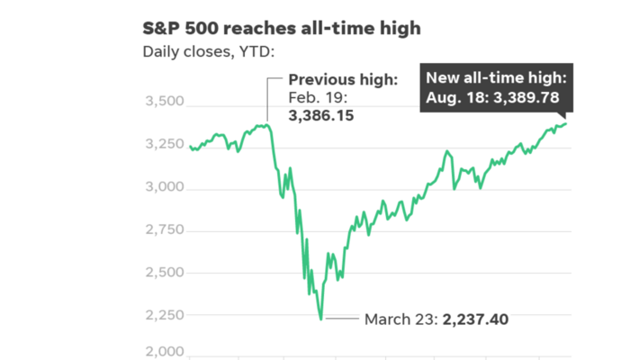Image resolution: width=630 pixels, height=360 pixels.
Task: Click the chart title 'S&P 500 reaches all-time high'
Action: [x=282, y=29]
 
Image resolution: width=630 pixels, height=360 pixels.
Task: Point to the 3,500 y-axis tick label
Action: [x=164, y=103]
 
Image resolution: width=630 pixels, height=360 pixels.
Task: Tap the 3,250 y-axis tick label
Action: [x=164, y=146]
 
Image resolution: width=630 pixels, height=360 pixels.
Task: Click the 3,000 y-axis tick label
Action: [x=164, y=188]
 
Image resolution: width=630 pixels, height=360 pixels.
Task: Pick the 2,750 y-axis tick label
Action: [x=164, y=230]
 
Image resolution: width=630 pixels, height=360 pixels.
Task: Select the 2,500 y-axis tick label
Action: [x=164, y=273]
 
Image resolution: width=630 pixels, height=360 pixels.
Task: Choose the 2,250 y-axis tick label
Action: [x=164, y=315]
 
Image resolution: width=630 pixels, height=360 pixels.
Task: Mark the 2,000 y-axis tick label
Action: [x=164, y=353]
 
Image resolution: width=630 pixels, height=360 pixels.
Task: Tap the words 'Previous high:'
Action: [x=343, y=81]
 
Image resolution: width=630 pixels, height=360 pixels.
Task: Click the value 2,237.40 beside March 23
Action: [x=481, y=319]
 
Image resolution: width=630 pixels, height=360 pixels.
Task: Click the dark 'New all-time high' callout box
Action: [x=497, y=87]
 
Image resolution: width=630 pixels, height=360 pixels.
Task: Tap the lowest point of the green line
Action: [x=321, y=319]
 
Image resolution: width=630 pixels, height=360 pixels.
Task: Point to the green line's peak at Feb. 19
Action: [x=267, y=125]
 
